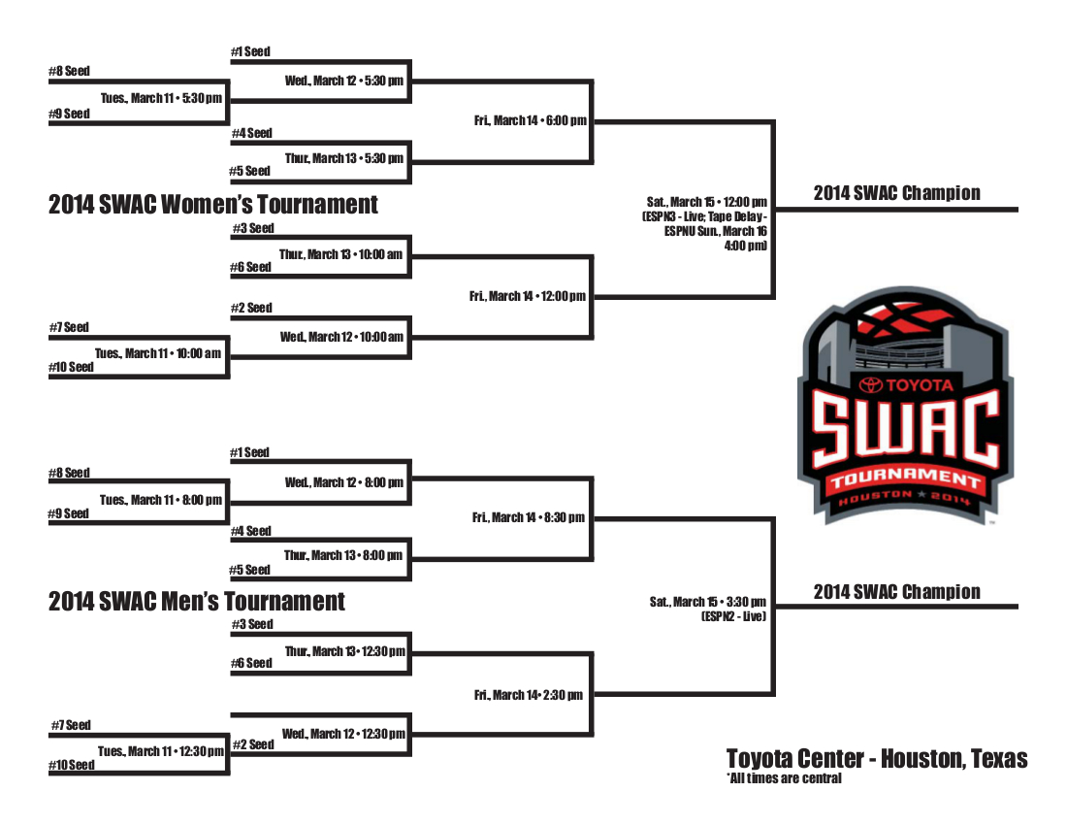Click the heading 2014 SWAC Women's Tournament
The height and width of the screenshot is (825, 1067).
tap(213, 205)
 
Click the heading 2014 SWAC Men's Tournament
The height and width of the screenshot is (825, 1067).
tap(197, 602)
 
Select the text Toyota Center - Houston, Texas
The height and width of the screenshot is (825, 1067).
tap(877, 759)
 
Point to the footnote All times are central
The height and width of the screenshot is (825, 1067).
tap(784, 778)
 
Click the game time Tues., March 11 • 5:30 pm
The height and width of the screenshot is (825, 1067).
tap(161, 98)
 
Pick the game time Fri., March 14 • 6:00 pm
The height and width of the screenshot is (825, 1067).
tap(531, 120)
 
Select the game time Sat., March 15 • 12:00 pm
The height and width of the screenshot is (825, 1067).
tap(707, 202)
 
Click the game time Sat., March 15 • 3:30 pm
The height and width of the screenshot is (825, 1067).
tap(708, 602)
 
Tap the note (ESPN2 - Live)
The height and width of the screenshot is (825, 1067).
tap(733, 616)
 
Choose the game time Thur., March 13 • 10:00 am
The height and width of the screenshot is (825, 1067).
tap(340, 254)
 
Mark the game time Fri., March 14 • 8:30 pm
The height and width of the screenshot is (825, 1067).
tap(529, 517)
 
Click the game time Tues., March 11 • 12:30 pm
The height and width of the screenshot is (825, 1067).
tap(161, 751)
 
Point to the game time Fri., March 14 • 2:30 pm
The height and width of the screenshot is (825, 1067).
tap(529, 695)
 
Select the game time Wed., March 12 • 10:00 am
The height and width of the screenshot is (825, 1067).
tap(341, 337)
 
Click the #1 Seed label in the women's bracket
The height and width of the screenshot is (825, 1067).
tap(250, 51)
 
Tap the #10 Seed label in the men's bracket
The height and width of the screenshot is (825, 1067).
tap(72, 766)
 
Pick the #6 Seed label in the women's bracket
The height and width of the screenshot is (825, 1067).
tap(251, 267)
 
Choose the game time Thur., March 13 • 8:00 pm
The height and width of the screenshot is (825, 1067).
tap(343, 555)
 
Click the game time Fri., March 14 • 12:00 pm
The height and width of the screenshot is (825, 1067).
tap(528, 296)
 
